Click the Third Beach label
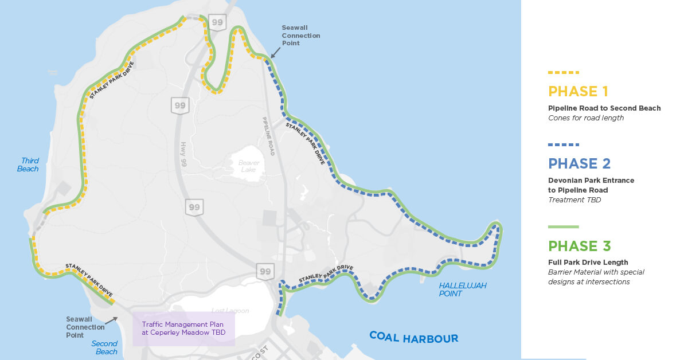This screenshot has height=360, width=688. click(29, 165)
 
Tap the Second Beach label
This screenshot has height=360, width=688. click(104, 347)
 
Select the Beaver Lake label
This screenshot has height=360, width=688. click(249, 166)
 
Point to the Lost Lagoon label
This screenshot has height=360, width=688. click(230, 311)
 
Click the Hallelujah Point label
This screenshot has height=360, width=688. click(463, 289)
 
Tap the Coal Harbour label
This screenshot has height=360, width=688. click(413, 337)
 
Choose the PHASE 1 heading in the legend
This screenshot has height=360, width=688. click(578, 92)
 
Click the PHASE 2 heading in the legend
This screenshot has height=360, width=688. click(579, 163)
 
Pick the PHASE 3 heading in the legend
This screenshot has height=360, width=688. click(579, 246)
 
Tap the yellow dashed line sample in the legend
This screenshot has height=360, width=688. click(564, 73)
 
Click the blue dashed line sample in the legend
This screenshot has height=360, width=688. click(564, 144)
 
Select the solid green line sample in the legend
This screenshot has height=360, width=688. click(564, 227)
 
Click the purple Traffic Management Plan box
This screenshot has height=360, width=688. click(183, 328)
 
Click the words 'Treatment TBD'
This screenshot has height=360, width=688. click(573, 199)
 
